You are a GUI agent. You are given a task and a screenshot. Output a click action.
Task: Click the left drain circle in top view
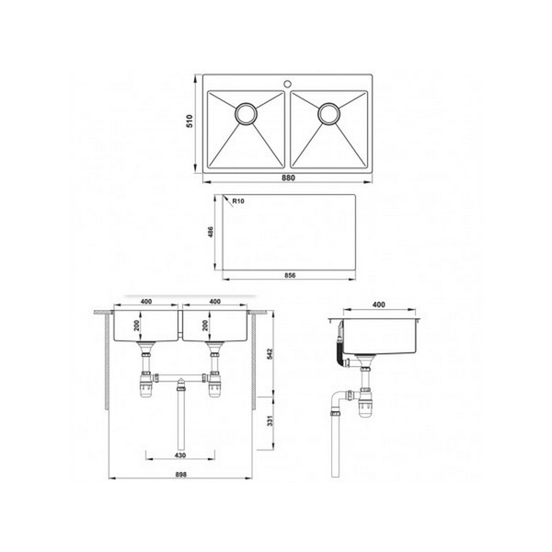(x=246, y=114)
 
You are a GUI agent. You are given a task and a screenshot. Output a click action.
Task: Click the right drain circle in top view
(x=328, y=114)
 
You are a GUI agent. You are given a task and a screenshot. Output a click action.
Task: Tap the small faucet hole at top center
(x=287, y=79)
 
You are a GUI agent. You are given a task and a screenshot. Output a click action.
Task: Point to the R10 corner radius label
(x=238, y=201)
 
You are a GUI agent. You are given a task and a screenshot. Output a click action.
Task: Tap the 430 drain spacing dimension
(x=180, y=457)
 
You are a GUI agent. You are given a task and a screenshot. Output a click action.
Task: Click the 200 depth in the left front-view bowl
(x=135, y=328)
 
